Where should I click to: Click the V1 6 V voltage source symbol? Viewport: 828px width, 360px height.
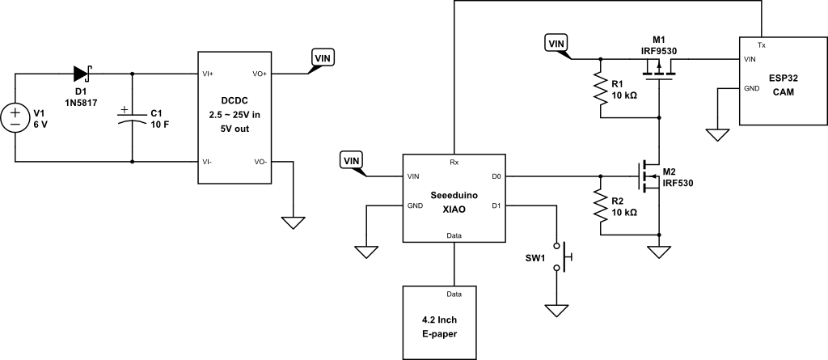click(x=15, y=117)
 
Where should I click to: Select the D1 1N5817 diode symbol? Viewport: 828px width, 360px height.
click(x=82, y=74)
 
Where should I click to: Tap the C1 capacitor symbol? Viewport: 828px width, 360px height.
click(x=132, y=117)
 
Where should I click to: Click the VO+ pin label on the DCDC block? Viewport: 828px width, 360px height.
click(x=260, y=74)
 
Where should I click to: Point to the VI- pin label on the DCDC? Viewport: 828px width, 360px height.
click(x=209, y=162)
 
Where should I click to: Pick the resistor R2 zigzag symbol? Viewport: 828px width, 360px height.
click(x=601, y=205)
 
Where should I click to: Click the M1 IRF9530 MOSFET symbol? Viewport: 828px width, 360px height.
click(x=659, y=74)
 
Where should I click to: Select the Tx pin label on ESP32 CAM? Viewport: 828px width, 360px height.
click(x=762, y=44)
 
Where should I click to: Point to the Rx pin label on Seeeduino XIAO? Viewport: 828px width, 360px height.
click(x=454, y=162)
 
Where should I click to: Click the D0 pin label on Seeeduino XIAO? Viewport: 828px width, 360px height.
click(x=496, y=176)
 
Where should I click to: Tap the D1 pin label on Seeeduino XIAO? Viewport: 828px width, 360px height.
click(x=496, y=205)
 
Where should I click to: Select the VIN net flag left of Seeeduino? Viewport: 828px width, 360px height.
click(x=352, y=160)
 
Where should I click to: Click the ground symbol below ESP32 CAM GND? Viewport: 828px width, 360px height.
click(x=717, y=133)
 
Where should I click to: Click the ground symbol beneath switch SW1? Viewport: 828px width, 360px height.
click(x=556, y=310)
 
